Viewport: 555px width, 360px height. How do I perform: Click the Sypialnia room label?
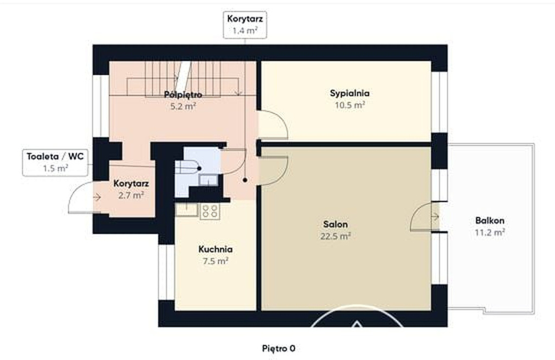(350, 93)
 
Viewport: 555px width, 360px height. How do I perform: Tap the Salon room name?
(335, 224)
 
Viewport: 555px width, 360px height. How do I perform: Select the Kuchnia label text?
(215, 249)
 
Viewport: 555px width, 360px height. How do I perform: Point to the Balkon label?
(489, 221)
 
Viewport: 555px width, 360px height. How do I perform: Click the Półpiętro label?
(183, 94)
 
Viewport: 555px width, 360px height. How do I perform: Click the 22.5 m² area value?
(335, 236)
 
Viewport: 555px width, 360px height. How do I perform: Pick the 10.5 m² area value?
(350, 105)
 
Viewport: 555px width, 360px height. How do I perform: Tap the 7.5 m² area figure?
(215, 261)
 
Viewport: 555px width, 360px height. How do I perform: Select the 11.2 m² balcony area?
(489, 233)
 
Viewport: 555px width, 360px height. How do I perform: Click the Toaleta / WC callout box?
(55, 163)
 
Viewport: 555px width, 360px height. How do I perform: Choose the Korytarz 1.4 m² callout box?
(245, 24)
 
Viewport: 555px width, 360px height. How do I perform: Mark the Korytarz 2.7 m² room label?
(131, 189)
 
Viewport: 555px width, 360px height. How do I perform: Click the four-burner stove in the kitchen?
(210, 211)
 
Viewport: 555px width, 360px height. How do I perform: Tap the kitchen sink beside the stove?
(186, 209)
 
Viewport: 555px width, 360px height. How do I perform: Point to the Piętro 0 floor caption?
(279, 348)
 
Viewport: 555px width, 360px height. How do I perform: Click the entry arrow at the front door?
(97, 197)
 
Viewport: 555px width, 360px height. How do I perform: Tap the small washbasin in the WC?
(208, 180)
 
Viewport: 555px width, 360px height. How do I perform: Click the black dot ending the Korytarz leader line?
(245, 180)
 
